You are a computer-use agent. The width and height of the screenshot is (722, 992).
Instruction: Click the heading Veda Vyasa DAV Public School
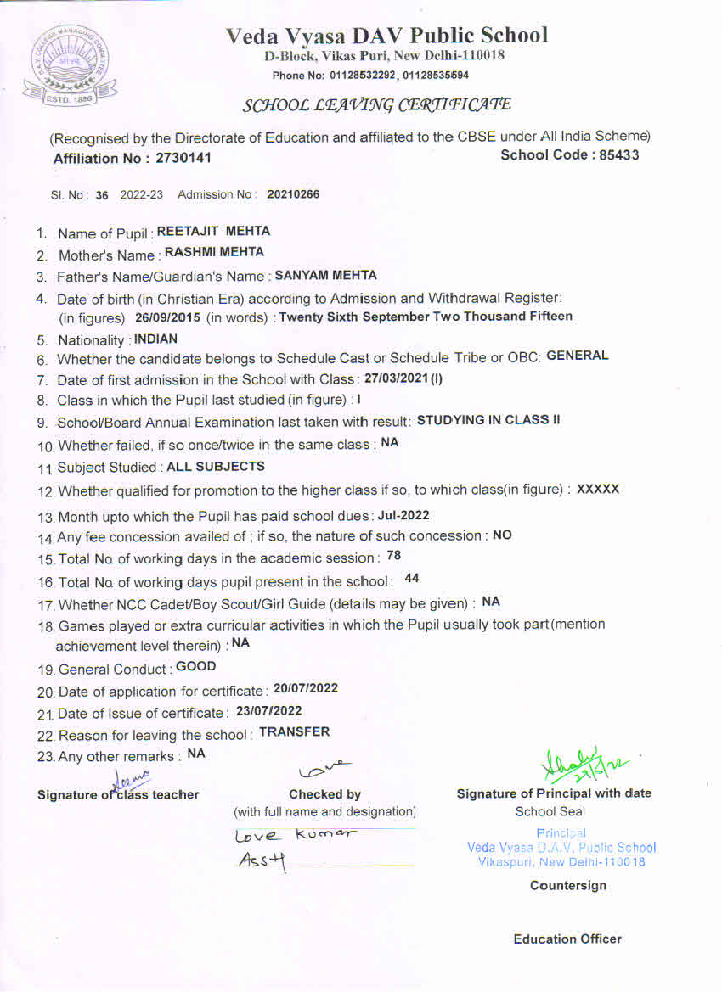coord(386,36)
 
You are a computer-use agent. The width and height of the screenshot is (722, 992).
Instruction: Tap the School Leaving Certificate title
coord(377,105)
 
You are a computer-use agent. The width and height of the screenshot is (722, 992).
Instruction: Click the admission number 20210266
coord(293,194)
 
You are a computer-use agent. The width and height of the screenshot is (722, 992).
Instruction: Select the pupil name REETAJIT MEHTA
coord(214,231)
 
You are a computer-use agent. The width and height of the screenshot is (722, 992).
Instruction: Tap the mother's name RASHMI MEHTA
coord(214,252)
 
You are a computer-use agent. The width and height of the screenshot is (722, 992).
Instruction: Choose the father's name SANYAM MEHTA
coord(325,275)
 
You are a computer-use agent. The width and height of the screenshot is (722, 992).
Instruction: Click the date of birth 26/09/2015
coord(167,317)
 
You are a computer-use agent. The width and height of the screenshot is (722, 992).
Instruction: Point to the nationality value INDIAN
coord(156,339)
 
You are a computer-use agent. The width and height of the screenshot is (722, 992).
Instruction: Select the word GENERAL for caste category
coord(577,356)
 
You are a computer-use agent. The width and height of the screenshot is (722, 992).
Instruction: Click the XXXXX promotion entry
coord(598,490)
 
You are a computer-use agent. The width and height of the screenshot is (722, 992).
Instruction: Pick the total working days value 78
coord(393,556)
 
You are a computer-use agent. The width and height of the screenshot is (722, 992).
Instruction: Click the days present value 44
coord(412,578)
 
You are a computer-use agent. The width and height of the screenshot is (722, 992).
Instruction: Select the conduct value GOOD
coord(195,666)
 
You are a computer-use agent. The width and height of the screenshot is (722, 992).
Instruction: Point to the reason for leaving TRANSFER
coord(294,731)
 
